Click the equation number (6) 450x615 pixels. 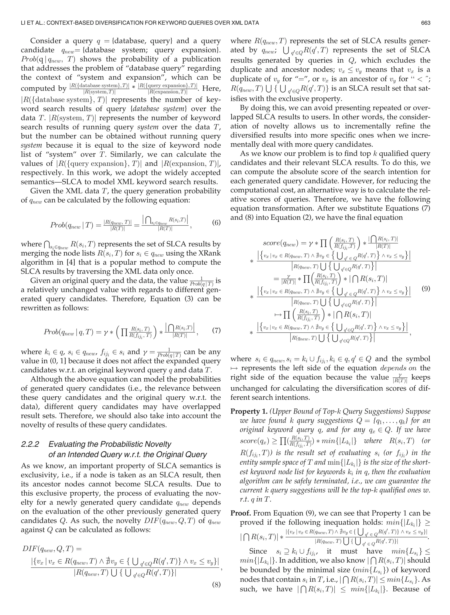coord(216,223)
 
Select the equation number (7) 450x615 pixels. coord(216,331)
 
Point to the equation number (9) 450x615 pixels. coord(425,288)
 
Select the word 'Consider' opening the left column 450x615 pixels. coord(46,41)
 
